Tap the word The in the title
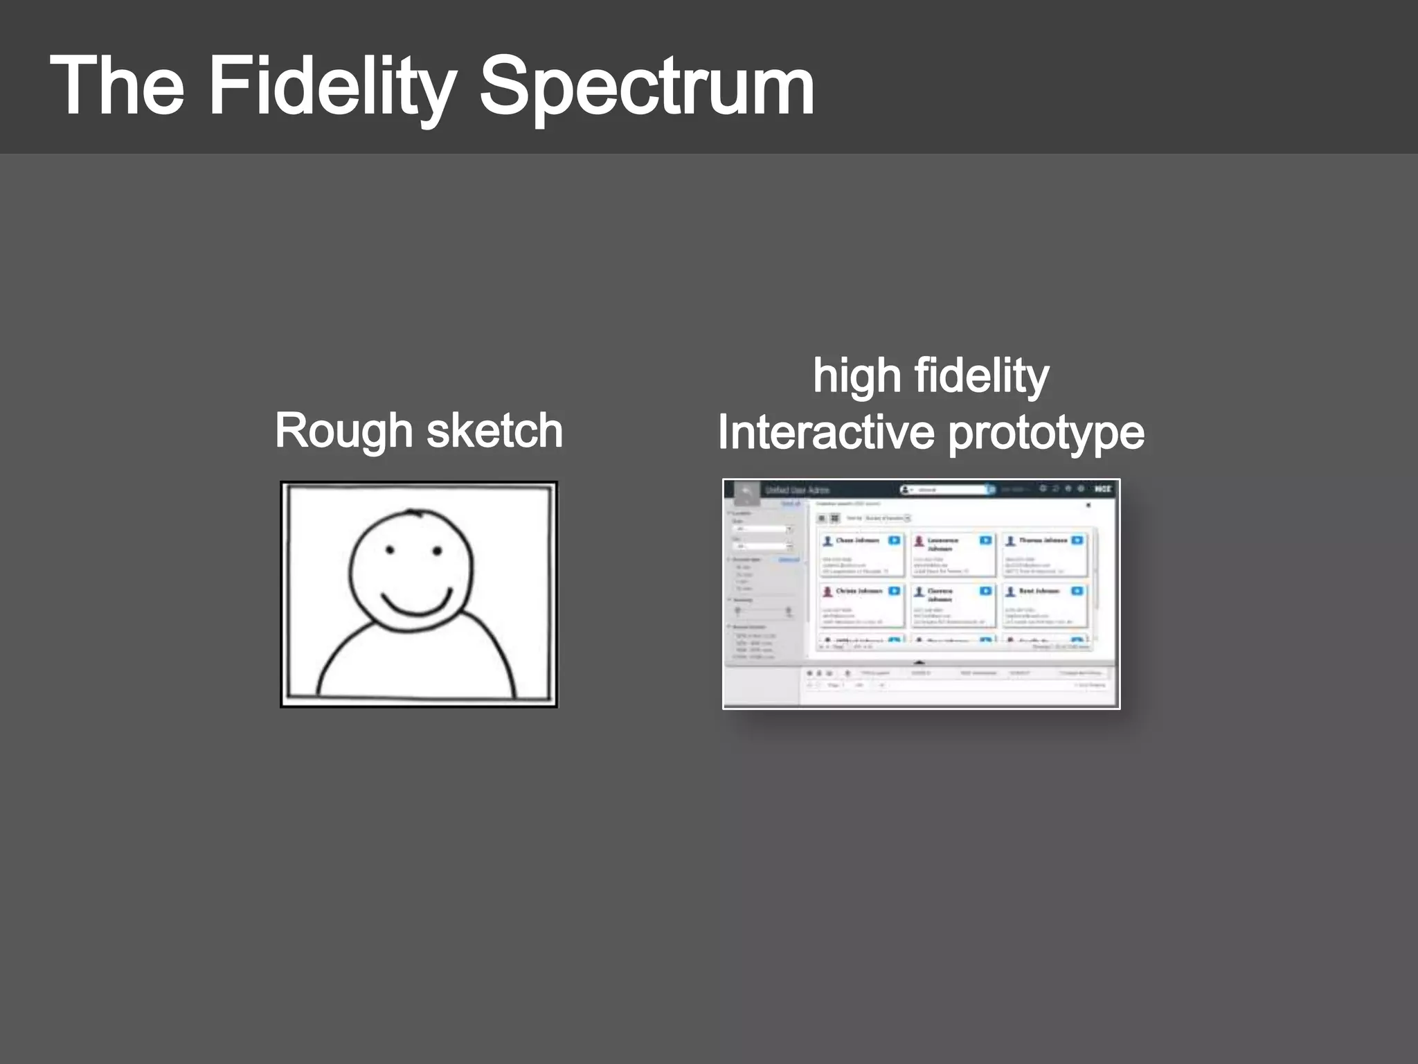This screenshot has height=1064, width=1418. coord(117,87)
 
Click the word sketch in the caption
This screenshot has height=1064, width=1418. coord(494,430)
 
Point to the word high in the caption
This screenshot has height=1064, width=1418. coord(856,376)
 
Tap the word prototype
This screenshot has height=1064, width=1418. coord(1045,434)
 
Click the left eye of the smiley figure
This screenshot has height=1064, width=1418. coord(390,551)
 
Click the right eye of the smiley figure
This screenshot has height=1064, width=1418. coord(437,551)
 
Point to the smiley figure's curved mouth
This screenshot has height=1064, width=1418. coord(417,605)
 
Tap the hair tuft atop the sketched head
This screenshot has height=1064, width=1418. coord(415,513)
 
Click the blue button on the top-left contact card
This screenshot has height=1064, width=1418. coord(895,540)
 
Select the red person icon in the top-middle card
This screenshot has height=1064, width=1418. coord(919,541)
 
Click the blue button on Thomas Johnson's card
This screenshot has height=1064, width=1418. coord(1077,540)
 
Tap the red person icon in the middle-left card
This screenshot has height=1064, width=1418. coord(827,592)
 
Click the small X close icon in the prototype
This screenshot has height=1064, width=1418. coord(1088,505)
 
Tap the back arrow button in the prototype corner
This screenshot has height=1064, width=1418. coord(746,491)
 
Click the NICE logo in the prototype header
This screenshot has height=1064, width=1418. coord(1102,489)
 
